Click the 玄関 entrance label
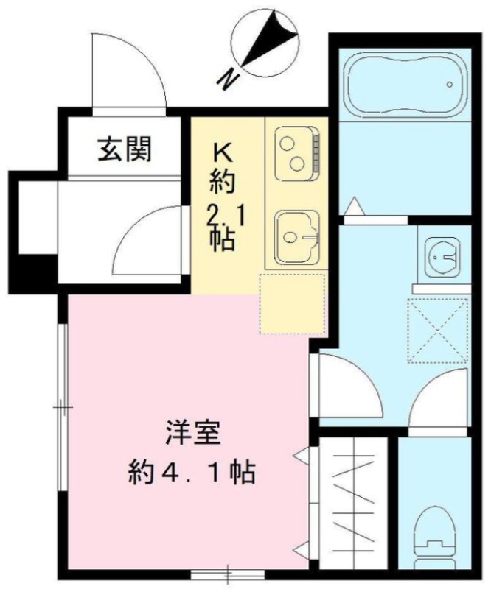pyautogui.click(x=125, y=149)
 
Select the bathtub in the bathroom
pyautogui.click(x=405, y=84)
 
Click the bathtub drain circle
pyautogui.click(x=449, y=84)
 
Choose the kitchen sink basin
pyautogui.click(x=297, y=237)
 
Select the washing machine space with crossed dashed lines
pyautogui.click(x=438, y=331)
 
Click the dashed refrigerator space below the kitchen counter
pyautogui.click(x=292, y=304)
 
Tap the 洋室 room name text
pyautogui.click(x=192, y=434)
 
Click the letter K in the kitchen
pyautogui.click(x=223, y=152)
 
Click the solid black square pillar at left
pyautogui.click(x=33, y=273)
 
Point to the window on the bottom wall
pyautogui.click(x=228, y=574)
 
